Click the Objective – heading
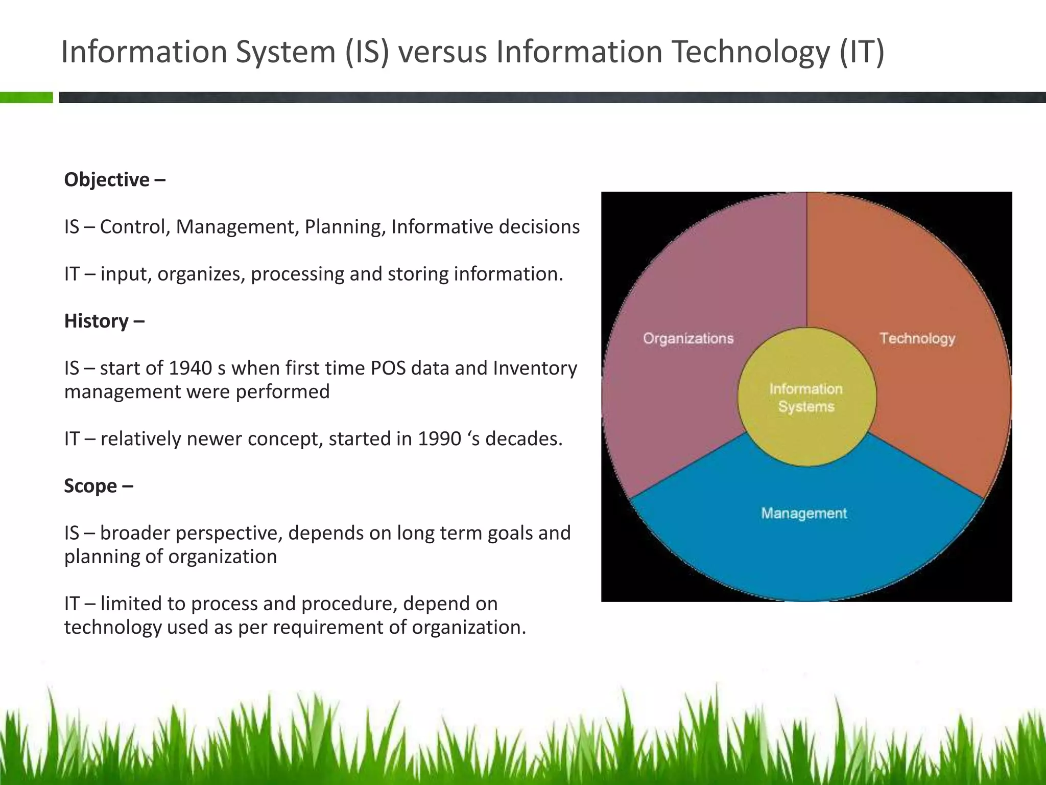click(114, 180)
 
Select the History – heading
click(104, 321)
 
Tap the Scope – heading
click(99, 486)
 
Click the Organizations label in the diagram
click(688, 338)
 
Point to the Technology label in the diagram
click(917, 338)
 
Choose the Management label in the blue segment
click(804, 513)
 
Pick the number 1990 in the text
click(439, 438)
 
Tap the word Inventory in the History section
click(535, 368)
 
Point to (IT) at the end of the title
click(862, 52)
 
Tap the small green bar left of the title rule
click(26, 98)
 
